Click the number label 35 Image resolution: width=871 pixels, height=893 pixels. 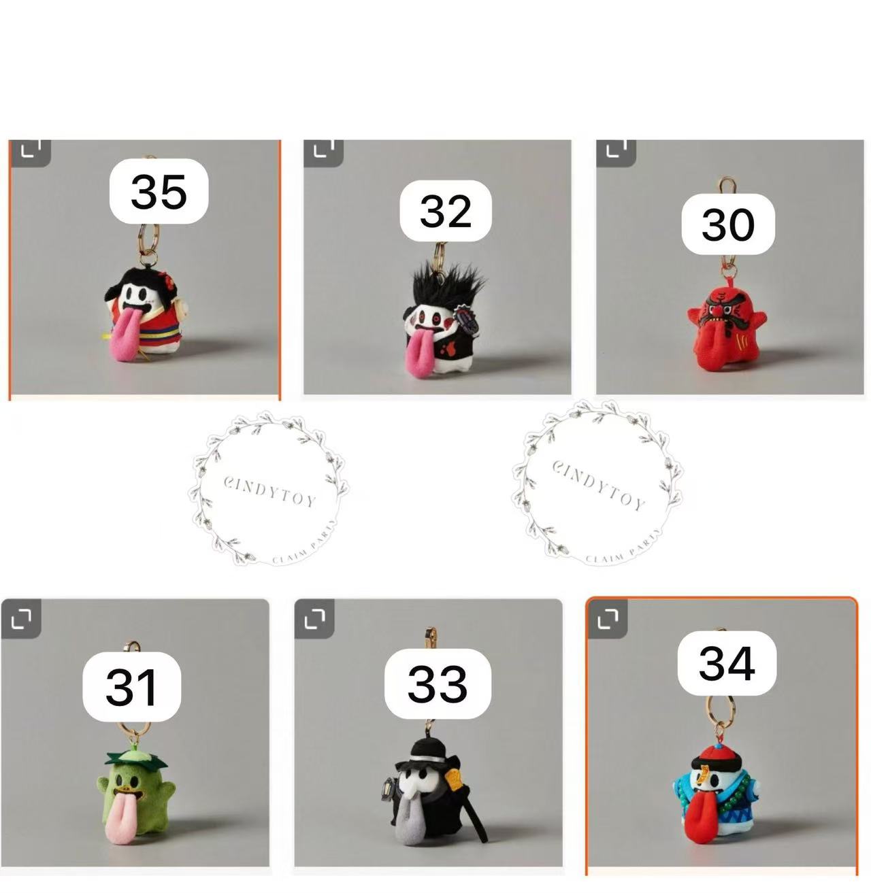point(159,191)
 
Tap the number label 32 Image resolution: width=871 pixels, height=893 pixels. point(446,211)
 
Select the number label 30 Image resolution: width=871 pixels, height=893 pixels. point(727,224)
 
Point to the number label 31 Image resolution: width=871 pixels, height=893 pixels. point(132,686)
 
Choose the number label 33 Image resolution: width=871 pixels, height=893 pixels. point(438,684)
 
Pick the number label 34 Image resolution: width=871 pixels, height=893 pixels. point(727,663)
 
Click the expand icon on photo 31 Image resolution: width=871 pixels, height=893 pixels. point(21,619)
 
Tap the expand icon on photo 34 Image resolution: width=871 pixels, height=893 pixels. point(607,619)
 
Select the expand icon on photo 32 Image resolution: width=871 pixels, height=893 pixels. point(323,150)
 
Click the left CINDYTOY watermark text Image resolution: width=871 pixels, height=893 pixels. point(269,492)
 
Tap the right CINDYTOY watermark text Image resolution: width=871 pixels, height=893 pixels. point(598,485)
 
